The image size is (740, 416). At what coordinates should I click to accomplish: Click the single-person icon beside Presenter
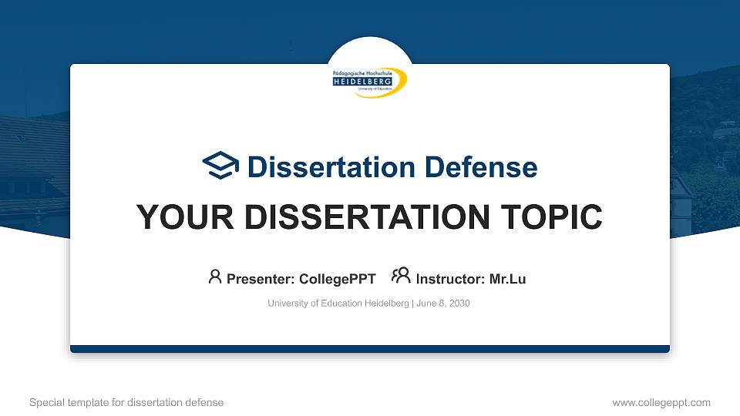click(x=215, y=277)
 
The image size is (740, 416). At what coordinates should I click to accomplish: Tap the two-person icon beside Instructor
click(x=401, y=276)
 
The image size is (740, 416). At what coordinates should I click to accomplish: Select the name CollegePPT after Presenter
click(x=337, y=279)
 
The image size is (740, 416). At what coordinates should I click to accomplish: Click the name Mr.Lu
click(x=507, y=279)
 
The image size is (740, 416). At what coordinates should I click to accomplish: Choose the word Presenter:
click(x=260, y=279)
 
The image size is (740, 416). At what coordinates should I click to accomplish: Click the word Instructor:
click(x=450, y=279)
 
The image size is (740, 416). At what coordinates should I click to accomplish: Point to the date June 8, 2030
click(x=443, y=304)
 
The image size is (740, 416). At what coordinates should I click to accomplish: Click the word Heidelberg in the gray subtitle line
click(x=382, y=304)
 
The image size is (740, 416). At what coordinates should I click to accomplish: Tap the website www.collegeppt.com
click(x=661, y=402)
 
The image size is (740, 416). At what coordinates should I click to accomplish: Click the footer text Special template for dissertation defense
click(x=126, y=402)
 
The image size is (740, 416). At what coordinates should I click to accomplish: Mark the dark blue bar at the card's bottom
click(x=370, y=349)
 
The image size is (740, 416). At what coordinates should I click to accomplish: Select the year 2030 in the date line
click(x=459, y=304)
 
